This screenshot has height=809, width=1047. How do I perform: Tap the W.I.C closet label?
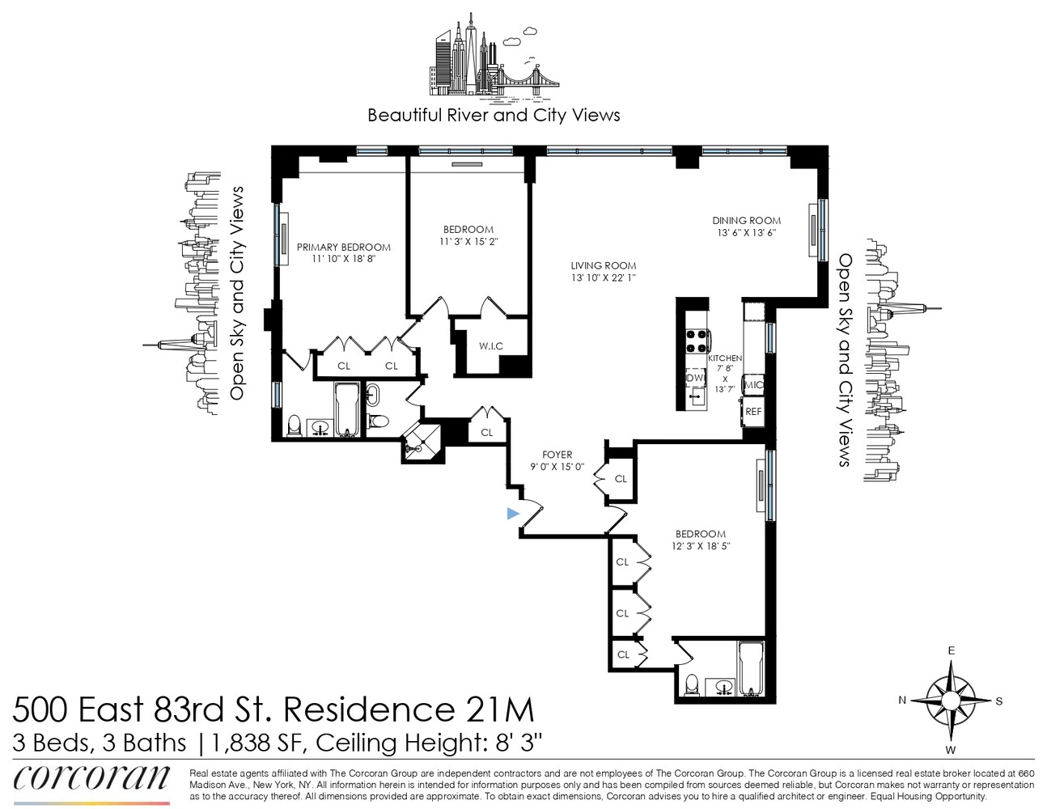pos(490,346)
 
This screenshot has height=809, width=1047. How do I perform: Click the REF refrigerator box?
pos(753,412)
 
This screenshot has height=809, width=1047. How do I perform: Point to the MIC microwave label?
pos(753,385)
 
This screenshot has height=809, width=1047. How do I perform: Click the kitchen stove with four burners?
pos(697,341)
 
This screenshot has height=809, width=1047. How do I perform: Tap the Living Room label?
pos(603,265)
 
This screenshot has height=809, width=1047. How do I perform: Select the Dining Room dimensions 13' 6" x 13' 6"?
pos(746,233)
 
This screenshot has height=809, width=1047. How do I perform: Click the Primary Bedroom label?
pos(343,248)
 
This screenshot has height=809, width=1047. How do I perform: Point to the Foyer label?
pos(557,455)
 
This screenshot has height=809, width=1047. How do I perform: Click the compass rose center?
pos(952,700)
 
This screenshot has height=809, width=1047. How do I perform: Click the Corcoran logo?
pos(91,778)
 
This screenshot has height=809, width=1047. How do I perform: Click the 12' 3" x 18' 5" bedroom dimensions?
pos(700,547)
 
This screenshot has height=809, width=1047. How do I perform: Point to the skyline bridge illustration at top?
pos(522,77)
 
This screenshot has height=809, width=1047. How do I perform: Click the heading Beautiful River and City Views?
pos(494,115)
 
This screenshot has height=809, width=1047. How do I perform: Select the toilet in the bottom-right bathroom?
pos(693,684)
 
